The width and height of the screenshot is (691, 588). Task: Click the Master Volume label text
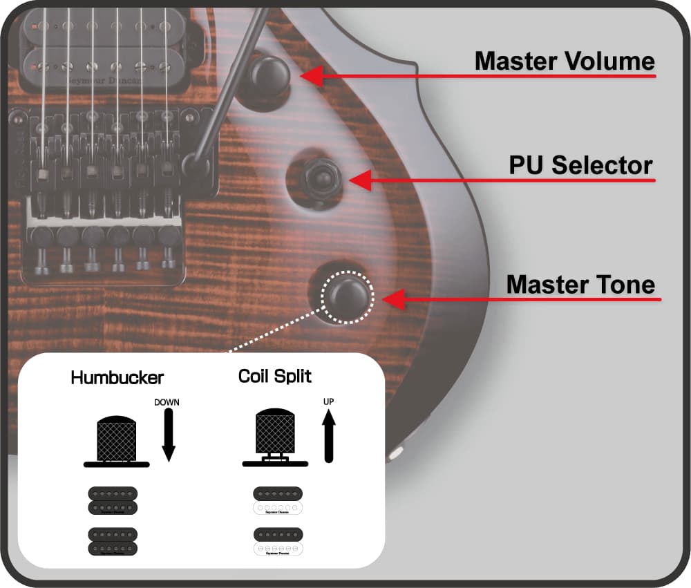(565, 61)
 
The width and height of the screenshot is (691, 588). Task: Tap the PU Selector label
(580, 166)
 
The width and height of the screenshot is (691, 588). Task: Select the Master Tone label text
(580, 284)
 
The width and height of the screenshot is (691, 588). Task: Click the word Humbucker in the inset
(117, 378)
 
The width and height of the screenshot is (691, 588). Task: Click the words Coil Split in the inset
(274, 377)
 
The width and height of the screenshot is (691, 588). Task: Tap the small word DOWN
(167, 402)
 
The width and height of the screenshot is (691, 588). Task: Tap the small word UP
(328, 401)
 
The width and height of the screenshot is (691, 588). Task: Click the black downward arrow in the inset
(168, 435)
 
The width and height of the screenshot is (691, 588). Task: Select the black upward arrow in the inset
(329, 435)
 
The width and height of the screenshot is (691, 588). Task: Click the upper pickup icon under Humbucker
(113, 500)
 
